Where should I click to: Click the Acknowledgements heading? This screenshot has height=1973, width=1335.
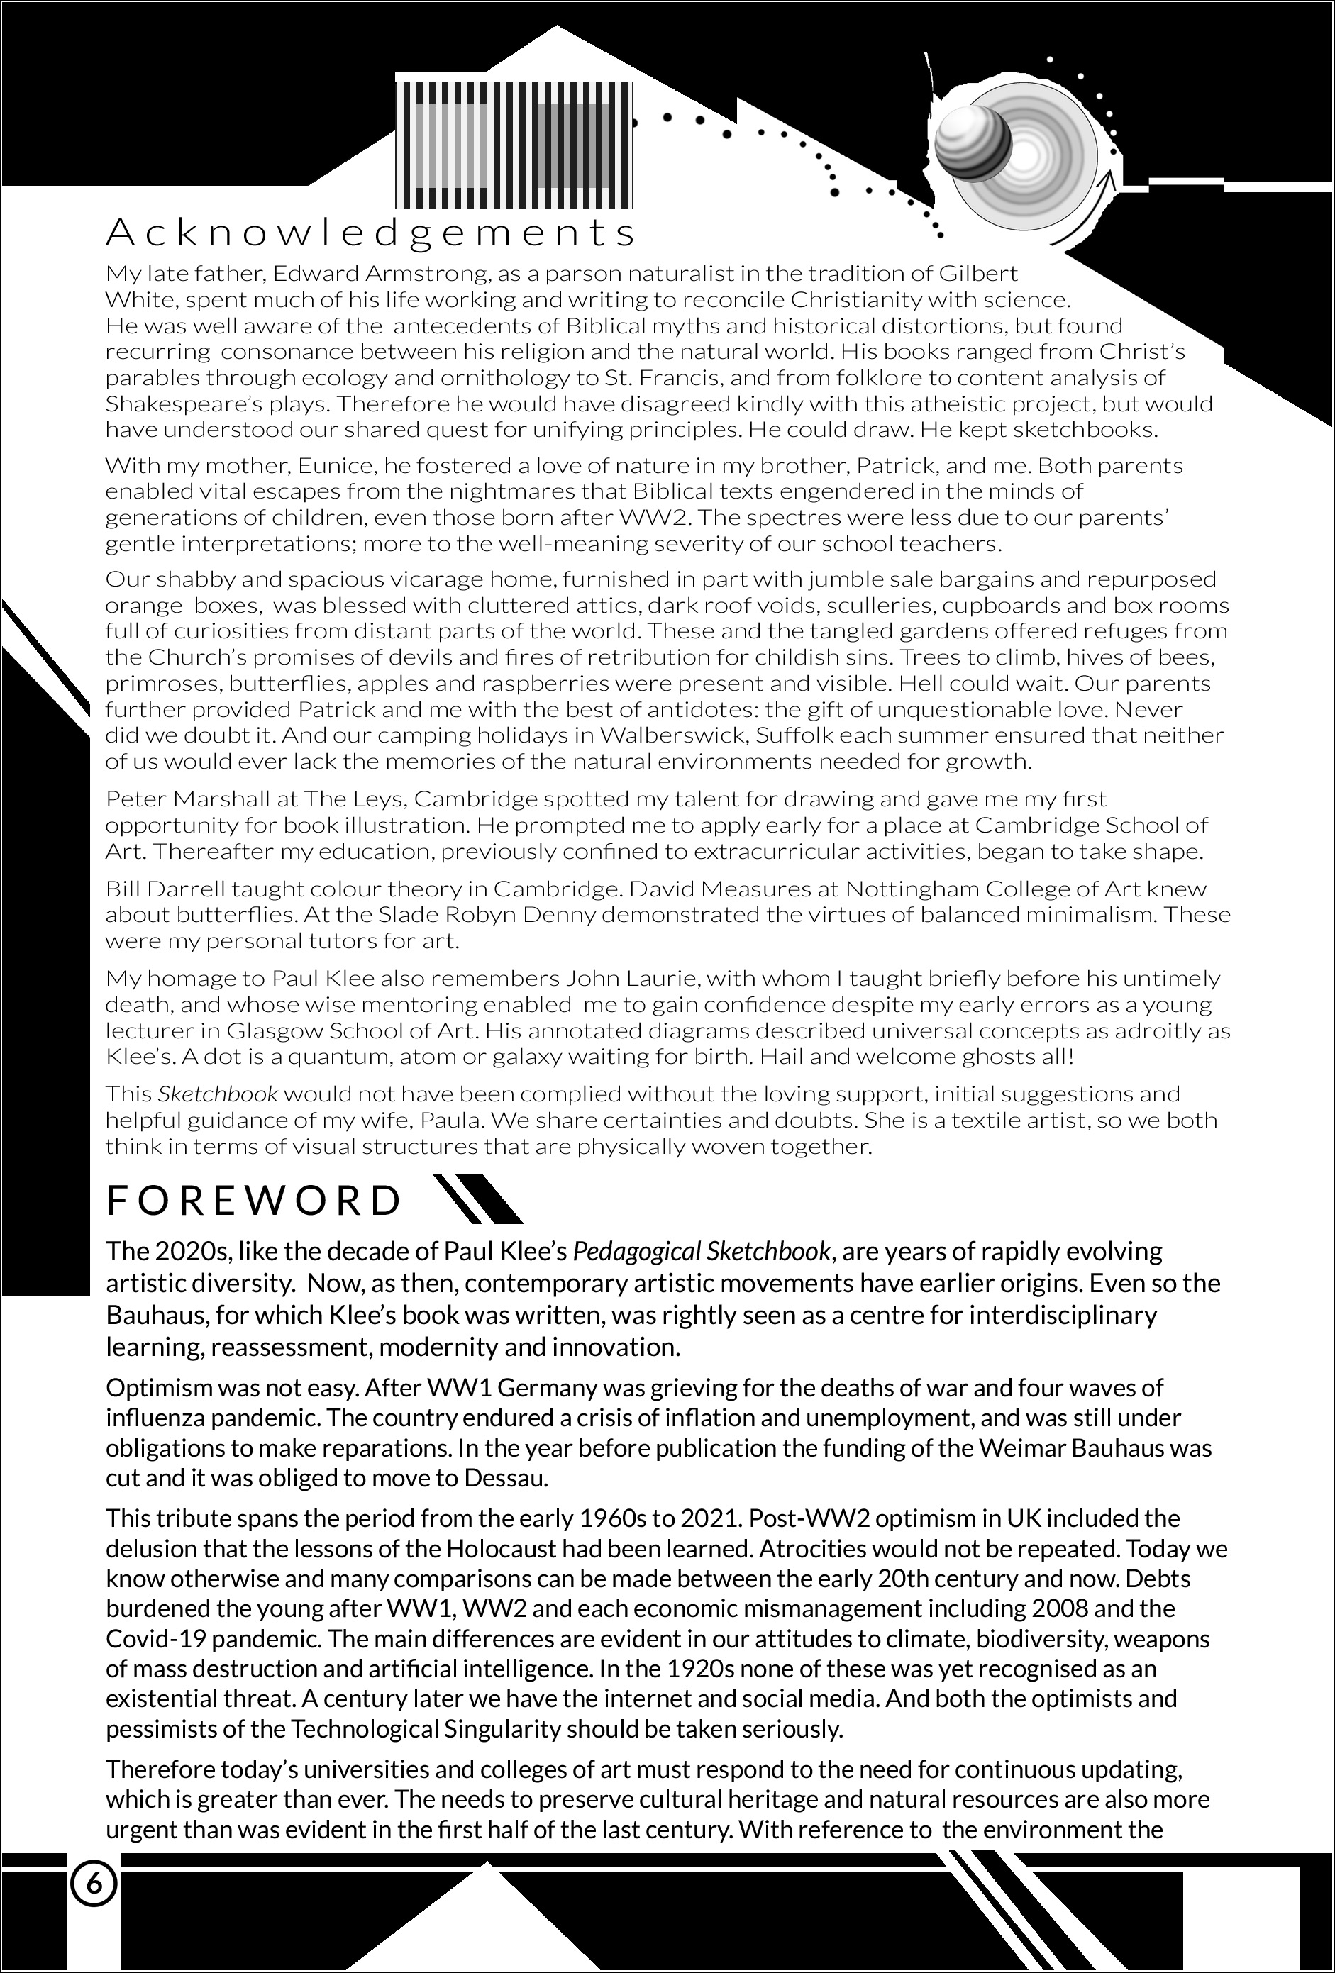pos(370,233)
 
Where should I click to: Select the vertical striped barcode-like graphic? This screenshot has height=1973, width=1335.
pos(516,145)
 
